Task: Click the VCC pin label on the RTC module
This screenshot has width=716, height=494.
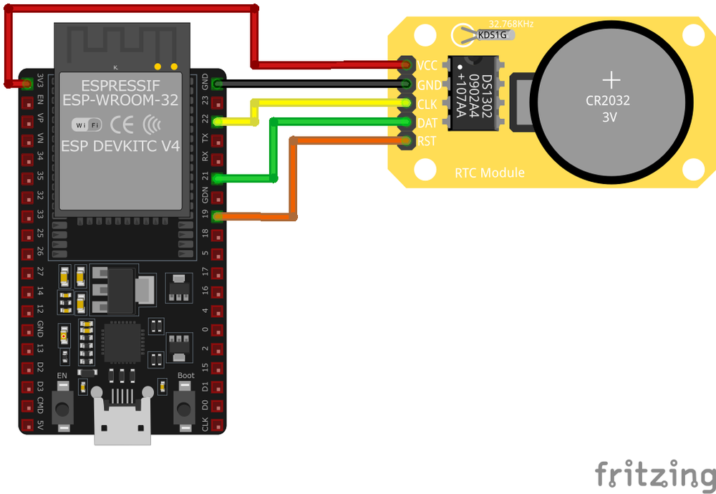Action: pos(427,66)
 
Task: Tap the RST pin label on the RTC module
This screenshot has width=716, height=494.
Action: pos(427,142)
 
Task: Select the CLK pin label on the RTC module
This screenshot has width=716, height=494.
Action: pos(427,105)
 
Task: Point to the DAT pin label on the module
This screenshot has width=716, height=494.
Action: pos(427,123)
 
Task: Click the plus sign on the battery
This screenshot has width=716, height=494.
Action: pos(611,79)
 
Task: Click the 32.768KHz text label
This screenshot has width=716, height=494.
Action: pos(511,23)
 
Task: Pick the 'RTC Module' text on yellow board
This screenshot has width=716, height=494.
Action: pos(490,173)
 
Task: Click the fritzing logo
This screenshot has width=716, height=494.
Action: pos(654,475)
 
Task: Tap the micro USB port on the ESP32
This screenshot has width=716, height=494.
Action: pos(123,422)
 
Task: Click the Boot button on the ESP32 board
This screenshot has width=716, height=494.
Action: pos(185,408)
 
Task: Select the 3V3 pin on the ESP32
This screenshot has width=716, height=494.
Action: pos(27,83)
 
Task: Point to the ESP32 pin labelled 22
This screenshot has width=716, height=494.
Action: pos(218,121)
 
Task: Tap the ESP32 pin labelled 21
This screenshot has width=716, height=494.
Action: pos(218,178)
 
